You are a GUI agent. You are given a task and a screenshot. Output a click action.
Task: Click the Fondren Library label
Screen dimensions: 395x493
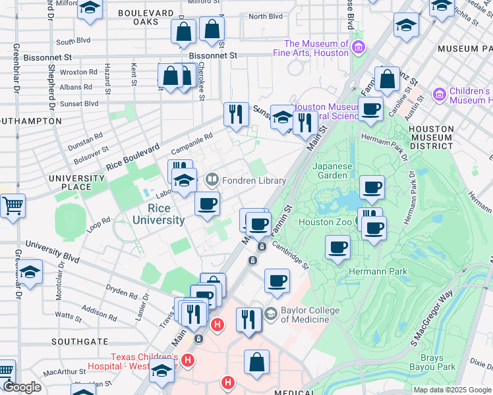click(x=254, y=180)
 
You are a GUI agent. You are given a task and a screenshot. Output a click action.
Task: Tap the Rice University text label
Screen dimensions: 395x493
click(x=158, y=214)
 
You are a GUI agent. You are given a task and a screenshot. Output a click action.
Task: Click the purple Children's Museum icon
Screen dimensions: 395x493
click(x=438, y=95)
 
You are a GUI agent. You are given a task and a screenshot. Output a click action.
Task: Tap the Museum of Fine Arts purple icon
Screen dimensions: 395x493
click(x=358, y=47)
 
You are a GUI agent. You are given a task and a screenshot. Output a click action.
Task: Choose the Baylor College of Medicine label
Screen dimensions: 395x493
click(x=304, y=315)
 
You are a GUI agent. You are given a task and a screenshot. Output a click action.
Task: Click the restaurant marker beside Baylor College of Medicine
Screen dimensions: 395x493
click(x=248, y=320)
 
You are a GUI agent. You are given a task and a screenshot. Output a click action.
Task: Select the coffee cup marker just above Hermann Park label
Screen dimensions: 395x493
click(x=338, y=248)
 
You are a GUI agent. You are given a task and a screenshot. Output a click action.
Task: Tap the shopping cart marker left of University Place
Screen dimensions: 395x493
click(x=13, y=206)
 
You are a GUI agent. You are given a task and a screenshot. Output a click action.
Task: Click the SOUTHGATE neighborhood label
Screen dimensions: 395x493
click(x=80, y=342)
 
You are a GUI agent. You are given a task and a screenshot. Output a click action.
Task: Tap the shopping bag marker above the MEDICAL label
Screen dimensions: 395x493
click(x=256, y=362)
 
